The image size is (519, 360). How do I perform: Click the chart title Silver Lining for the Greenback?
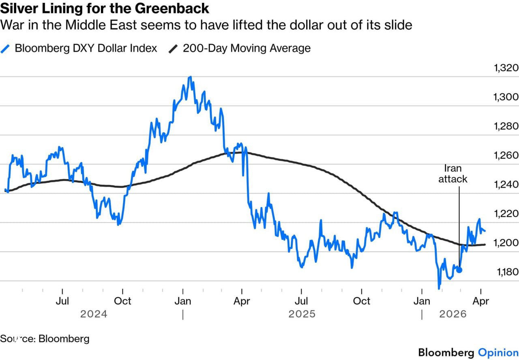click(x=105, y=8)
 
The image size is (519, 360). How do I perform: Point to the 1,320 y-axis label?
click(x=506, y=67)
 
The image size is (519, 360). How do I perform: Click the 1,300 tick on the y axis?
click(x=506, y=96)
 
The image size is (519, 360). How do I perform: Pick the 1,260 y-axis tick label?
click(x=506, y=155)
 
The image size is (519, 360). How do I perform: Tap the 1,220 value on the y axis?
click(x=506, y=213)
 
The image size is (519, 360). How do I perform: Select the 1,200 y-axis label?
click(x=506, y=242)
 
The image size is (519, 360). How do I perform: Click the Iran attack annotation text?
click(x=453, y=174)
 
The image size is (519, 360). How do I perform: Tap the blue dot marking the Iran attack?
click(x=459, y=270)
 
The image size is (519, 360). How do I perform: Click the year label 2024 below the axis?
click(x=94, y=314)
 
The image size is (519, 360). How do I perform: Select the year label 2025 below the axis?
click(x=302, y=314)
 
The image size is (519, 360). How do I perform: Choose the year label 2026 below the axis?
click(x=453, y=314)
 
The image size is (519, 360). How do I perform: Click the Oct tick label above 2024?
click(x=122, y=301)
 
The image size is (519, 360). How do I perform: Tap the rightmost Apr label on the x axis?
click(x=481, y=301)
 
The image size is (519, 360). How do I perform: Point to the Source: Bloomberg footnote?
click(x=45, y=339)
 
